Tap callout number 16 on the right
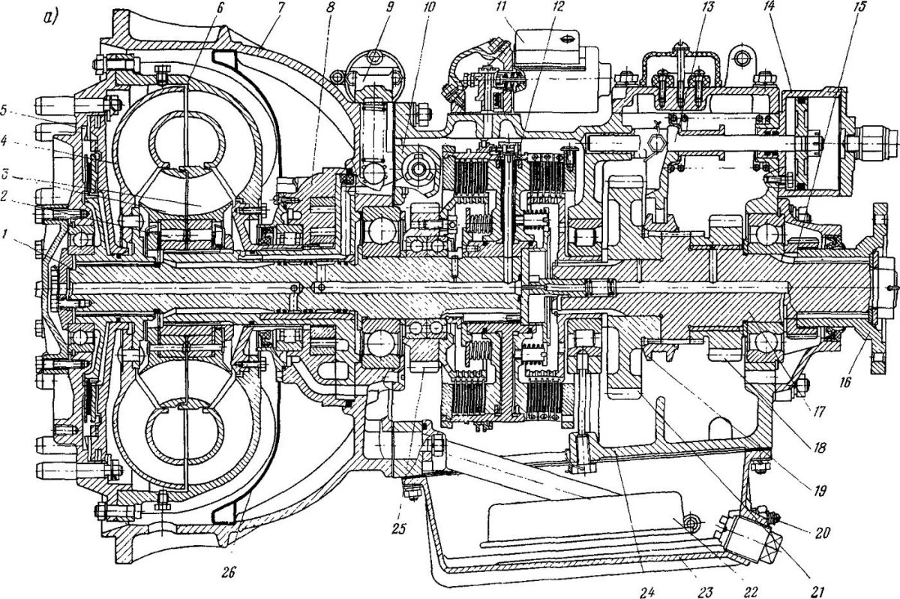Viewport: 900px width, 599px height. [845, 381]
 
